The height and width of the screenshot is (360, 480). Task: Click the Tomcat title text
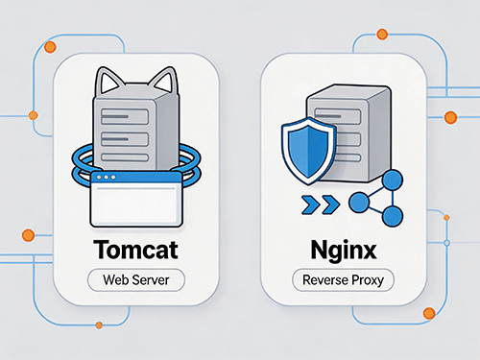point(135,250)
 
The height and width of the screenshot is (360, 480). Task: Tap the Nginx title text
point(344,251)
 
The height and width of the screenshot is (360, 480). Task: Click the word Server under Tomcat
point(151,280)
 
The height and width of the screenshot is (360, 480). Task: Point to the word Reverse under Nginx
point(325,280)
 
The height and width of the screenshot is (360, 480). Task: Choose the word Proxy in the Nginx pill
point(368,280)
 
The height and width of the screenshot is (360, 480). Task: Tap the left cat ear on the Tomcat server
point(108,80)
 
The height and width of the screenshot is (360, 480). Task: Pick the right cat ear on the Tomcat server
point(164,79)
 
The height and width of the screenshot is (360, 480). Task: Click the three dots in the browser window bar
point(106,178)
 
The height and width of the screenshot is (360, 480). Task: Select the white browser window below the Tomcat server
point(136,199)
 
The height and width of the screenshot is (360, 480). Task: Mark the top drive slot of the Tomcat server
point(125,116)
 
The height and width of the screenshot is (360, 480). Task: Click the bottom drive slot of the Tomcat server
point(125,157)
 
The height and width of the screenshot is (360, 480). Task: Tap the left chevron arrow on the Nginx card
point(310,204)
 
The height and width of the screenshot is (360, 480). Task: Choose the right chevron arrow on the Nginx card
point(331,204)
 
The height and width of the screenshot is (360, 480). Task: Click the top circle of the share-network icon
point(393,180)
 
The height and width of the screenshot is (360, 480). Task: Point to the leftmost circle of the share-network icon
point(359,203)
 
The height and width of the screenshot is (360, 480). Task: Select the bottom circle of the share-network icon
point(393,216)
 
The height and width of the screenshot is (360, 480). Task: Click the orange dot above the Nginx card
point(382,34)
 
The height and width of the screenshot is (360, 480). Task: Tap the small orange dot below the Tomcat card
point(99,325)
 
